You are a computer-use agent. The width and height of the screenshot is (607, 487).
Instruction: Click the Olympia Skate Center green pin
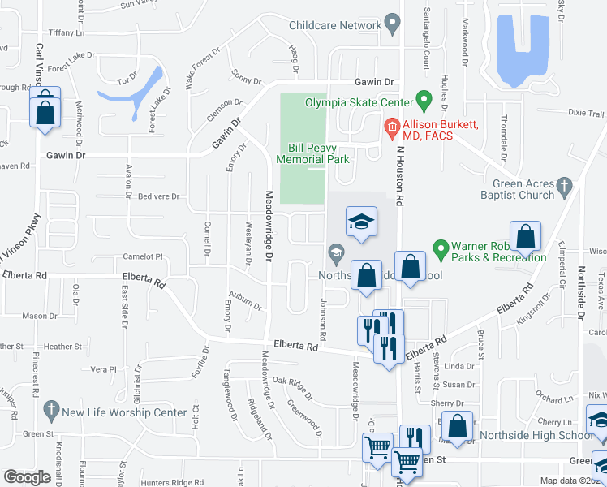pos(423,101)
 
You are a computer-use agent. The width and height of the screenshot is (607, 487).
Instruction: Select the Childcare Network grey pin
pos(393,24)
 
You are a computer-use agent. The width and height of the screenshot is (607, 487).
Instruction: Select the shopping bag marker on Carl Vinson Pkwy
pos(45,110)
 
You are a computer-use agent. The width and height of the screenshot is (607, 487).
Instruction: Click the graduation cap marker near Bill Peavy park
pos(362,222)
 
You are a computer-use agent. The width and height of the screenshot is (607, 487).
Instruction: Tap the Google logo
pos(27,477)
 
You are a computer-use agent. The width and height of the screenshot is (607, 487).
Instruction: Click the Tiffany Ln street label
pos(67,32)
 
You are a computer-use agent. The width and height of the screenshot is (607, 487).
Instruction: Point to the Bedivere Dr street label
pos(158,196)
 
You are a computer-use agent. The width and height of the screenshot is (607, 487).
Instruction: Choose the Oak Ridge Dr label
pos(292,386)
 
